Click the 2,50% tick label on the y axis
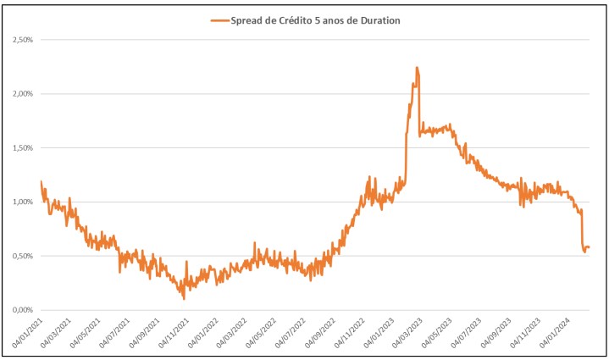click(x=20, y=40)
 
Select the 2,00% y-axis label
click(x=20, y=94)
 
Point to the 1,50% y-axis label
click(x=20, y=148)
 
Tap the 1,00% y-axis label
click(x=20, y=202)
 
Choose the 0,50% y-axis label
click(x=20, y=256)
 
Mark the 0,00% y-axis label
click(x=20, y=310)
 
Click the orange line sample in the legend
click(x=219, y=20)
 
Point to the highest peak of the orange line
click(x=417, y=68)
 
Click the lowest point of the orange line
click(x=184, y=298)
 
